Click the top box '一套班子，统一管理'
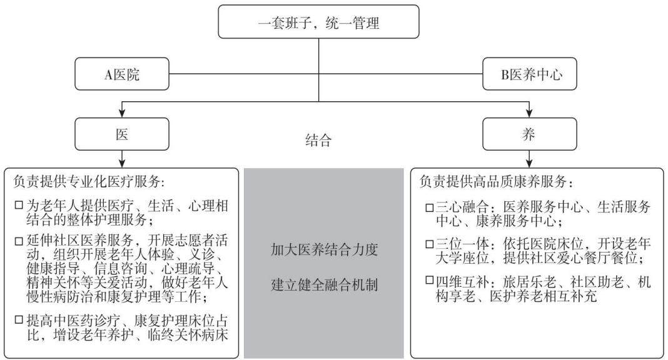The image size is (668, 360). click(x=318, y=22)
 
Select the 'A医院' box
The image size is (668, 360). click(x=122, y=74)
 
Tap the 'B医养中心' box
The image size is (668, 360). click(x=530, y=74)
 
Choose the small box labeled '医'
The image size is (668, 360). click(x=122, y=134)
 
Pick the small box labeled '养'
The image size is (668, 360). click(x=530, y=134)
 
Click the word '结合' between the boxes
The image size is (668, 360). click(x=318, y=140)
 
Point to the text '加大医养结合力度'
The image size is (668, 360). click(x=324, y=249)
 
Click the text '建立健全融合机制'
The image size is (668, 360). click(x=324, y=284)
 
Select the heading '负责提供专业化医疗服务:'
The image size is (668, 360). click(x=89, y=182)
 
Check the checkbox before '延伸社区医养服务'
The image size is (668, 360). click(x=19, y=241)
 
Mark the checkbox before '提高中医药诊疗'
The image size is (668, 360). click(x=19, y=319)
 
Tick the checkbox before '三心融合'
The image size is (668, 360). click(x=430, y=207)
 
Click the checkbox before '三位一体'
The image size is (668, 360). click(x=430, y=244)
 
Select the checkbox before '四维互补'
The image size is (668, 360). click(x=430, y=281)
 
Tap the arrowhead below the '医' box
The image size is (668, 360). click(x=122, y=164)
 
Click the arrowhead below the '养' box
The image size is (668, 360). click(x=529, y=164)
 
